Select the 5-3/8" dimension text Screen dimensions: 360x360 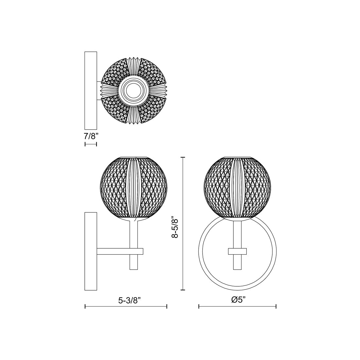coord(130,300)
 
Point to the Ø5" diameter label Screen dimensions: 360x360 coord(238,300)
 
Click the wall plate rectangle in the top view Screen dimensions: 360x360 coord(91,90)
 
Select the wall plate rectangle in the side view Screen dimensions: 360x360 coord(91,251)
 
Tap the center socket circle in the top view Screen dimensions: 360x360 coord(133,91)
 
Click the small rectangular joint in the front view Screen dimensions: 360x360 coord(237,251)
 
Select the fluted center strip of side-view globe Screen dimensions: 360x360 coord(133,188)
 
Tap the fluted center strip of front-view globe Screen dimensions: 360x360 coord(237,188)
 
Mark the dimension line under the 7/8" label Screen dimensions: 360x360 coord(91,144)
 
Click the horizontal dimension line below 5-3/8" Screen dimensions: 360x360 coord(126,306)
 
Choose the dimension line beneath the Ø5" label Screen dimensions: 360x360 coord(237,306)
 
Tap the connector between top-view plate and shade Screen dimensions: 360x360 coord(99,91)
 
